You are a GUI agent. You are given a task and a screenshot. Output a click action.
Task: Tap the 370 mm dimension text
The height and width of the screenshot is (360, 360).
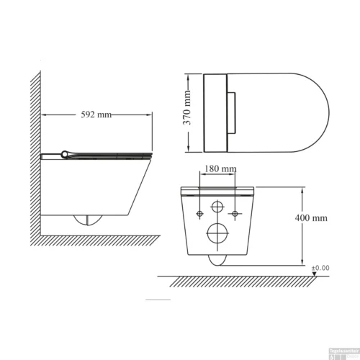coord(186,113)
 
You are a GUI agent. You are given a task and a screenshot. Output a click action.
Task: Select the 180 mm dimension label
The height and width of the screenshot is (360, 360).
coord(217,168)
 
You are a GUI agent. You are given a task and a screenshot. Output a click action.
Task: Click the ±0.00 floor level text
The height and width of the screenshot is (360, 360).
coord(320,268)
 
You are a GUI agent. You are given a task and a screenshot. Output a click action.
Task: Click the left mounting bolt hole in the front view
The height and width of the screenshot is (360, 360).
coord(197,214)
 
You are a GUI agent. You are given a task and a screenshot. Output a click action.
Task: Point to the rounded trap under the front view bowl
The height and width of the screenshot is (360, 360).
coord(216,260)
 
